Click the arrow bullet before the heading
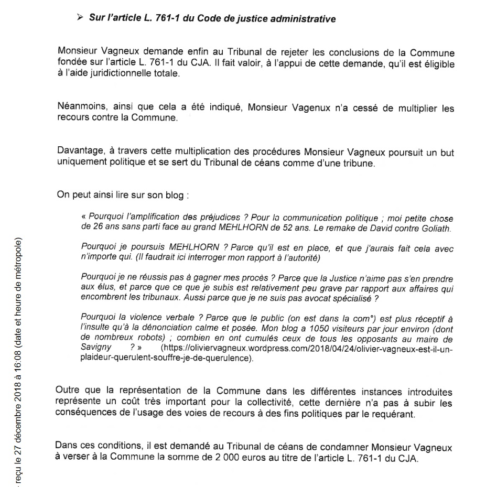coord(80,18)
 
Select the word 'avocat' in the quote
coord(317,298)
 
